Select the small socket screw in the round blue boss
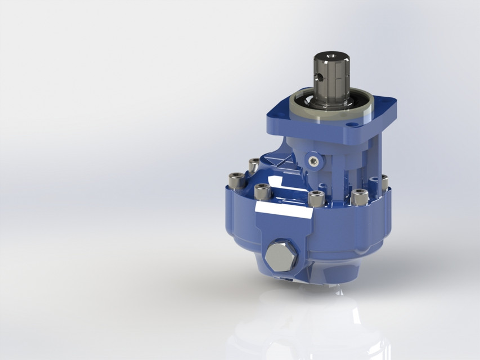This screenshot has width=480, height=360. click(312, 161)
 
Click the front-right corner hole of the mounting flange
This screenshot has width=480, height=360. click(352, 124)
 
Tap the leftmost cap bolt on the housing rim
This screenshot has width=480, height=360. click(232, 181)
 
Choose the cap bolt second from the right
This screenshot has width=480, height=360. click(359, 197)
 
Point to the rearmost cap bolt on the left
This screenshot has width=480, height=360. click(254, 165)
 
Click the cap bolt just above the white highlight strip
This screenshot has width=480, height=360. click(261, 191)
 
